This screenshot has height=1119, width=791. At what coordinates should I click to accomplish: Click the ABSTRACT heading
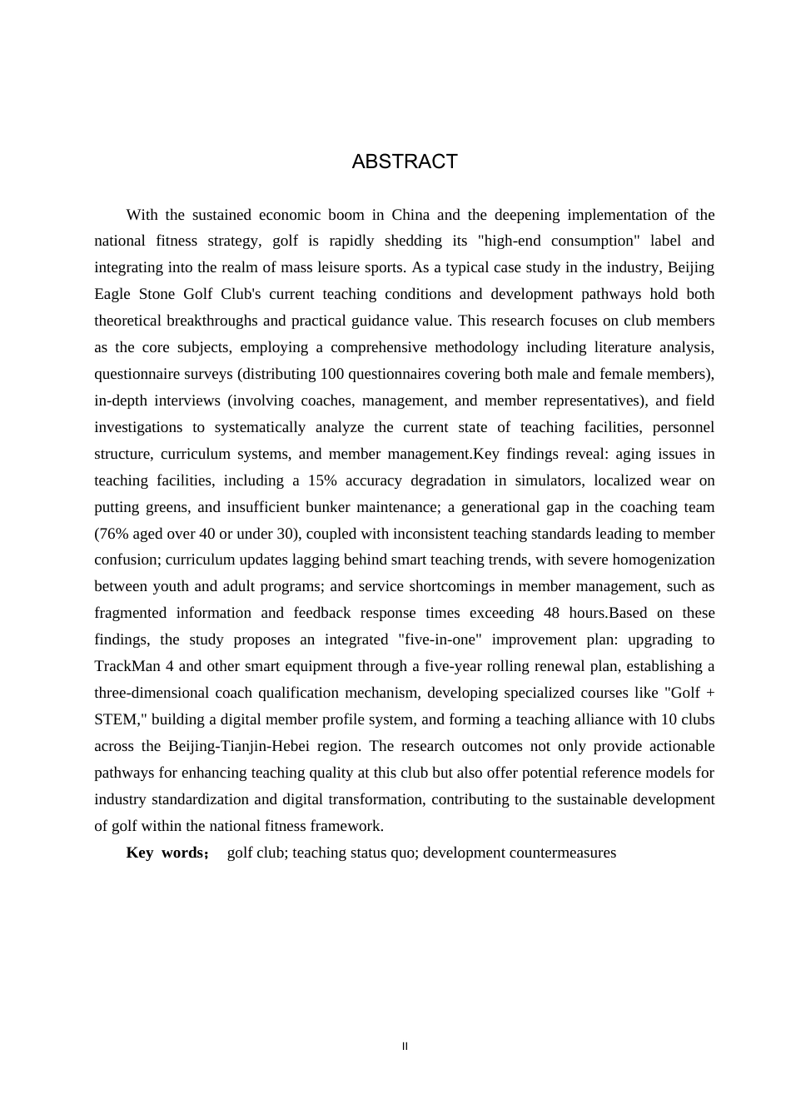coord(405,162)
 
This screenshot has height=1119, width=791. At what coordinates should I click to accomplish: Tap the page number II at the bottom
coord(405,1047)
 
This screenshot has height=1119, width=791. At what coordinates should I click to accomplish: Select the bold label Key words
coord(164,853)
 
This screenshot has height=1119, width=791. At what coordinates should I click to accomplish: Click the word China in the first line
coord(410,215)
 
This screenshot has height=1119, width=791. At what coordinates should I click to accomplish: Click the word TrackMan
coord(127,666)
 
